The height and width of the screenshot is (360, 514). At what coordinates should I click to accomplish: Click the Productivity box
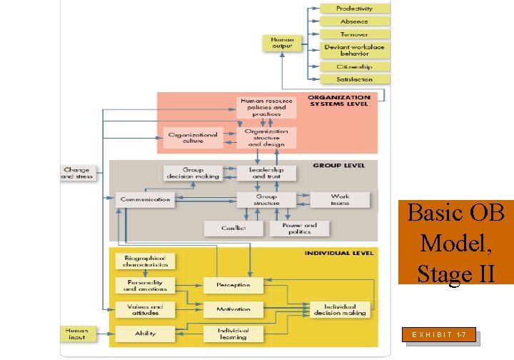(355, 9)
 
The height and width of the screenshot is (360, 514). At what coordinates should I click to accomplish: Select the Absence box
(355, 21)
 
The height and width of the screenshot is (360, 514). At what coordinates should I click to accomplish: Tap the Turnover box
(355, 34)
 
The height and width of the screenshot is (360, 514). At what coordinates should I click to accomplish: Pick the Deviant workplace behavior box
(355, 51)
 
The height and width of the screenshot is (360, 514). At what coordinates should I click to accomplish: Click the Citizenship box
(355, 67)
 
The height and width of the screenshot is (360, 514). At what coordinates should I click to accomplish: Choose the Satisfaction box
(355, 80)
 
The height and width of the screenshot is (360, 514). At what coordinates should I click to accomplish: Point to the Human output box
(282, 44)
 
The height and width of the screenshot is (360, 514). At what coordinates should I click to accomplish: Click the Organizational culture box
(193, 137)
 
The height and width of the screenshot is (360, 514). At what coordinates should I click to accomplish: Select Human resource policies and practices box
(266, 107)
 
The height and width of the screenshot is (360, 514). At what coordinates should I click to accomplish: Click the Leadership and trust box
(266, 173)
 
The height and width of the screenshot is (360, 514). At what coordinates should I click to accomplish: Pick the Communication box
(145, 199)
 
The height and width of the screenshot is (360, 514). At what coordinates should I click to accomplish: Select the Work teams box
(340, 199)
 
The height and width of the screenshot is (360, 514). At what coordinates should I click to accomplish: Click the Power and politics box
(299, 228)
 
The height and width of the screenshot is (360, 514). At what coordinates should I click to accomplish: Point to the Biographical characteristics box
(145, 261)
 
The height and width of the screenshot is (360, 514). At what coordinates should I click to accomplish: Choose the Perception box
(233, 285)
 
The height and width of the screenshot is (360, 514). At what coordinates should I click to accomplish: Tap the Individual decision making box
(340, 309)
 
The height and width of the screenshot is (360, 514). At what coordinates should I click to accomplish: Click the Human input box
(77, 334)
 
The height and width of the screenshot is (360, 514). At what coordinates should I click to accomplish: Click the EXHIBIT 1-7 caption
(440, 334)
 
